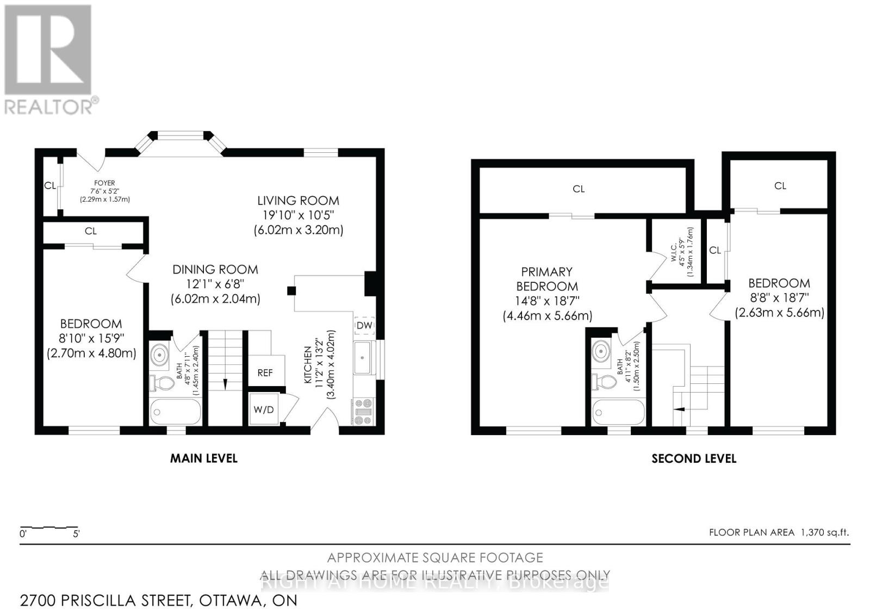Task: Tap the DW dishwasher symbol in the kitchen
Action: (x=364, y=326)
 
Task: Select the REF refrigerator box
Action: (x=265, y=372)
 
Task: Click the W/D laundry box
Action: (x=264, y=409)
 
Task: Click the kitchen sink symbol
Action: (x=363, y=357)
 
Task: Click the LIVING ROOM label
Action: (x=299, y=201)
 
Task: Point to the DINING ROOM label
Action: (x=215, y=269)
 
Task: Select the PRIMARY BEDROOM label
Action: (x=546, y=279)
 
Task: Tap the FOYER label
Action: (x=104, y=183)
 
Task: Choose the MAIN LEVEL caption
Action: (x=203, y=458)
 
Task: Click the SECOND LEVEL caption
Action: (x=694, y=459)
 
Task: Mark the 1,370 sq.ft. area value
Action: (x=825, y=532)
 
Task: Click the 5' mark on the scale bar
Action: (x=76, y=534)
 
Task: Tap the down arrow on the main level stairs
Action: (x=225, y=384)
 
